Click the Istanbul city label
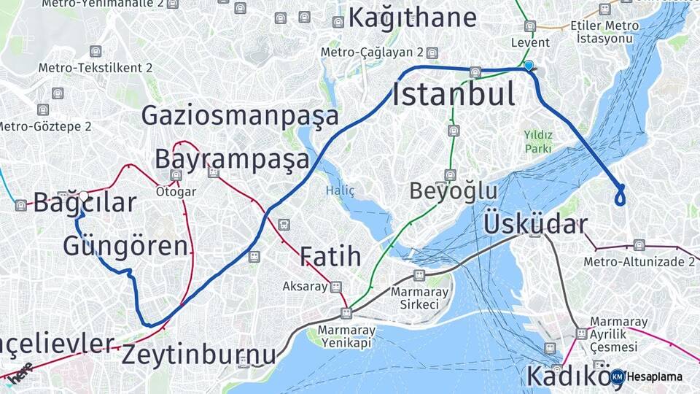click(454, 95)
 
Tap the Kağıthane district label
click(412, 18)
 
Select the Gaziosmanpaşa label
click(240, 115)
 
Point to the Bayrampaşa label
click(232, 158)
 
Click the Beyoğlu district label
click(453, 191)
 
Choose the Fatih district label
click(330, 256)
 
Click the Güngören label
click(125, 246)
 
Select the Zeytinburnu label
click(198, 355)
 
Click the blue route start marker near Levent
click(529, 66)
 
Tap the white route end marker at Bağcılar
click(84, 196)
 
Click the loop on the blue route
click(621, 196)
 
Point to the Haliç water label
click(340, 191)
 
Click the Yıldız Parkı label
click(537, 142)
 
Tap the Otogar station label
click(176, 192)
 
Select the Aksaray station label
click(305, 287)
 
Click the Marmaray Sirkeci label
click(414, 298)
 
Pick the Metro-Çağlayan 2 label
click(372, 53)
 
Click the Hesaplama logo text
click(654, 376)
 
